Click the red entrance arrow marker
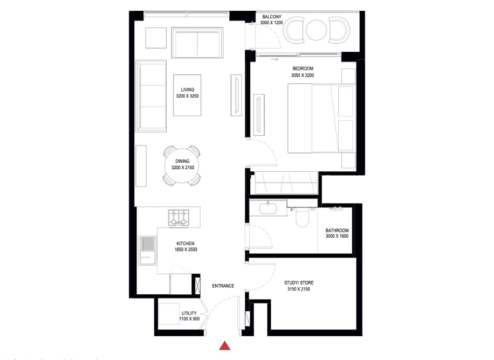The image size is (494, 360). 225,345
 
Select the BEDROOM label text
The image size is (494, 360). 303,68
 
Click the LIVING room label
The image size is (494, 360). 188,89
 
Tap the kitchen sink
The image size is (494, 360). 148,246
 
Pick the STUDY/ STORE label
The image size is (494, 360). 299,283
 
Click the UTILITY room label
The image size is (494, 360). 189,313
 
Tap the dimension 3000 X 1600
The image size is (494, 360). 337,236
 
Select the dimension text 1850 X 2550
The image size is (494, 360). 184,250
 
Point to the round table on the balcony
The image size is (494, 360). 315,30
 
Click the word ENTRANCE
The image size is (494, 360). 223,286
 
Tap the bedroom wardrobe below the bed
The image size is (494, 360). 286,183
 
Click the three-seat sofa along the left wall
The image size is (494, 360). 152,95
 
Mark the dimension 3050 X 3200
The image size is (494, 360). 303,75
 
